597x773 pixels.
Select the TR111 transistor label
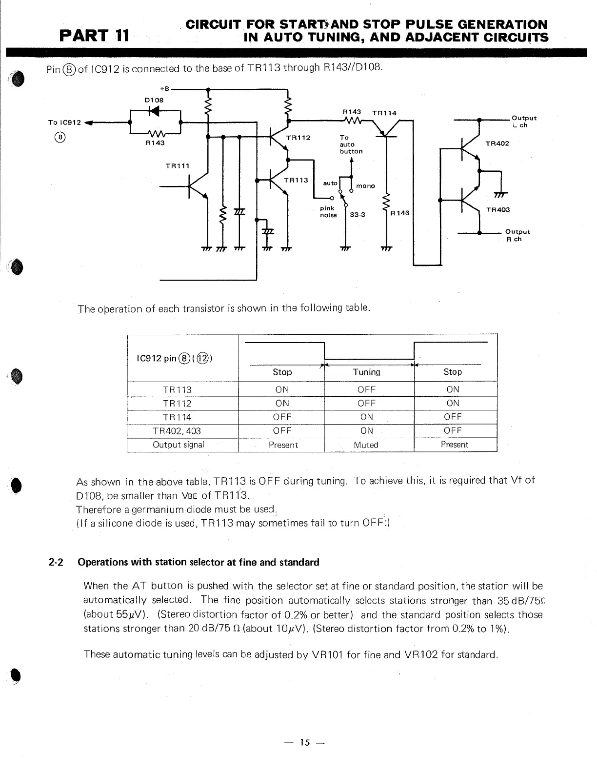178,166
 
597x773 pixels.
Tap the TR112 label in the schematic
298,138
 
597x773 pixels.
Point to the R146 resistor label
400,213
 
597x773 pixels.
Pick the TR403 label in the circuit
497,210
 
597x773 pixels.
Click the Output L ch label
524,122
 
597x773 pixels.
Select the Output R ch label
517,235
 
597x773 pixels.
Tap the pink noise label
328,212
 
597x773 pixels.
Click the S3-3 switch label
358,214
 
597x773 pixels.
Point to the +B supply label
164,89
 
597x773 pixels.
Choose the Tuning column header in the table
366,372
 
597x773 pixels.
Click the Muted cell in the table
366,445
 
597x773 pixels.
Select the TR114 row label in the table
177,417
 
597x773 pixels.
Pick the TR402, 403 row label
177,431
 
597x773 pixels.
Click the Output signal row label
179,445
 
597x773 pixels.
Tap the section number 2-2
56,562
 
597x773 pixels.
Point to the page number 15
305,743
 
